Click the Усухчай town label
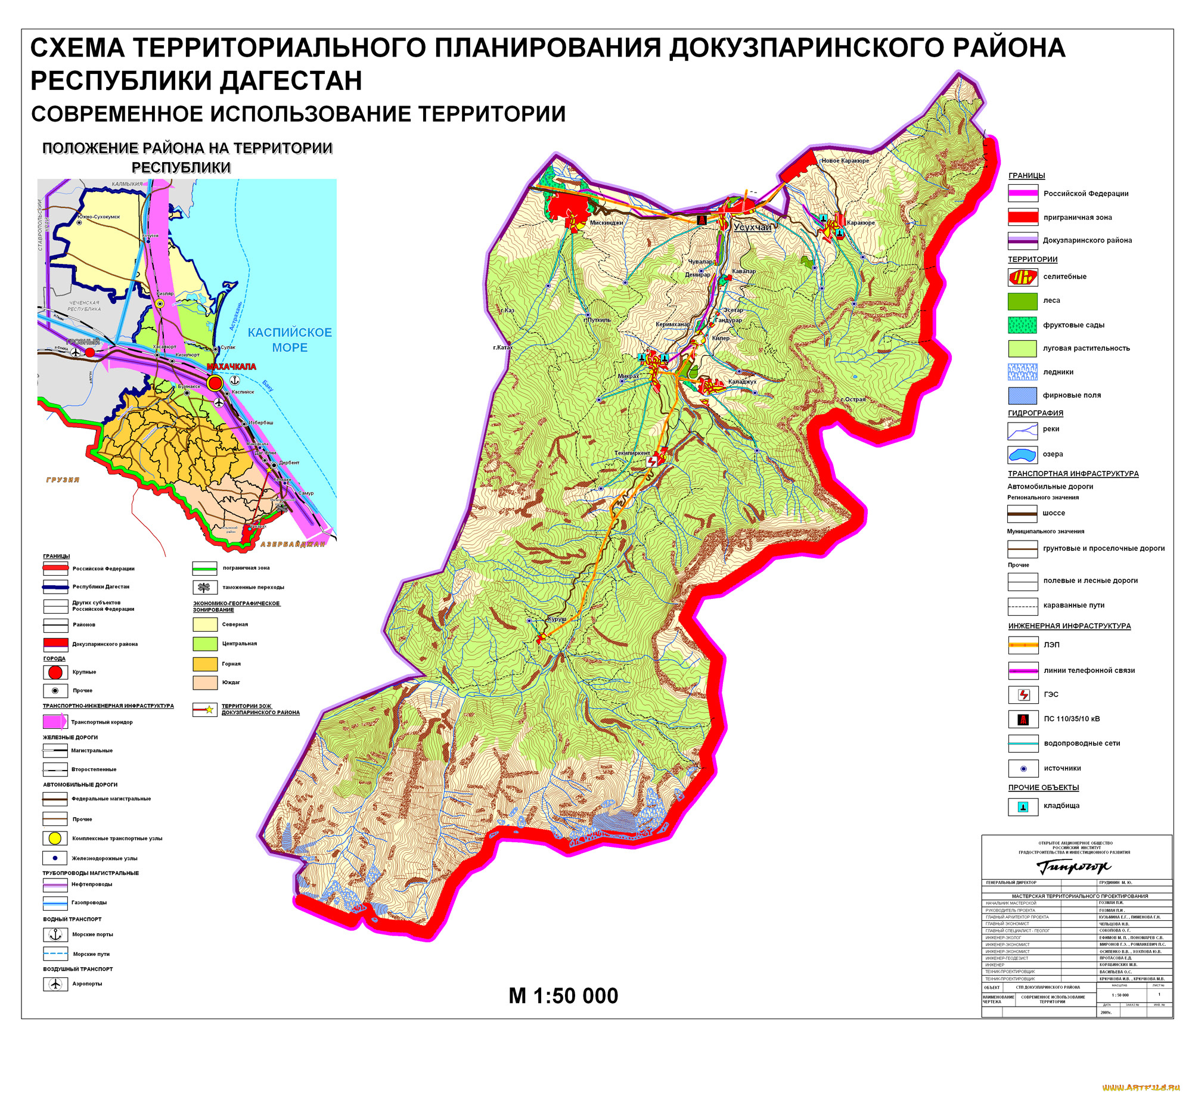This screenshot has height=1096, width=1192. pyautogui.click(x=752, y=227)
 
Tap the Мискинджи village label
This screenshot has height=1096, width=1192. pyautogui.click(x=606, y=223)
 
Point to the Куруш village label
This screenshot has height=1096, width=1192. pyautogui.click(x=557, y=619)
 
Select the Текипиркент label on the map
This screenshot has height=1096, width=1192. pyautogui.click(x=632, y=453)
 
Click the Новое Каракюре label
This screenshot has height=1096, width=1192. pyautogui.click(x=845, y=160)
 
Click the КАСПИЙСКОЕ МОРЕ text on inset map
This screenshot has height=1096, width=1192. pyautogui.click(x=290, y=340)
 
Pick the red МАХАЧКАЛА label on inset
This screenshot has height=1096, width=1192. pyautogui.click(x=231, y=366)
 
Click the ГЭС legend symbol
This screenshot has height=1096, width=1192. pyautogui.click(x=1023, y=694)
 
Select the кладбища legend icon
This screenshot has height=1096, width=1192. pyautogui.click(x=1023, y=806)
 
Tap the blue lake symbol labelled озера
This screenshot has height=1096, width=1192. pyautogui.click(x=1022, y=455)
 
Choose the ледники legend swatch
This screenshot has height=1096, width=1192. pyautogui.click(x=1022, y=372)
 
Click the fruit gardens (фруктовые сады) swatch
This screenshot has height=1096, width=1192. pyautogui.click(x=1022, y=325)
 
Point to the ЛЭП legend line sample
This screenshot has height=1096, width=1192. pyautogui.click(x=1023, y=645)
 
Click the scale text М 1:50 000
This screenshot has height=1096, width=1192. pyautogui.click(x=563, y=996)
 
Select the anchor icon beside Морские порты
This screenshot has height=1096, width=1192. pyautogui.click(x=55, y=934)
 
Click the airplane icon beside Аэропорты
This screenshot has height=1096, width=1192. pyautogui.click(x=55, y=983)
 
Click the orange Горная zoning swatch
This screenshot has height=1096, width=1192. pyautogui.click(x=204, y=663)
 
